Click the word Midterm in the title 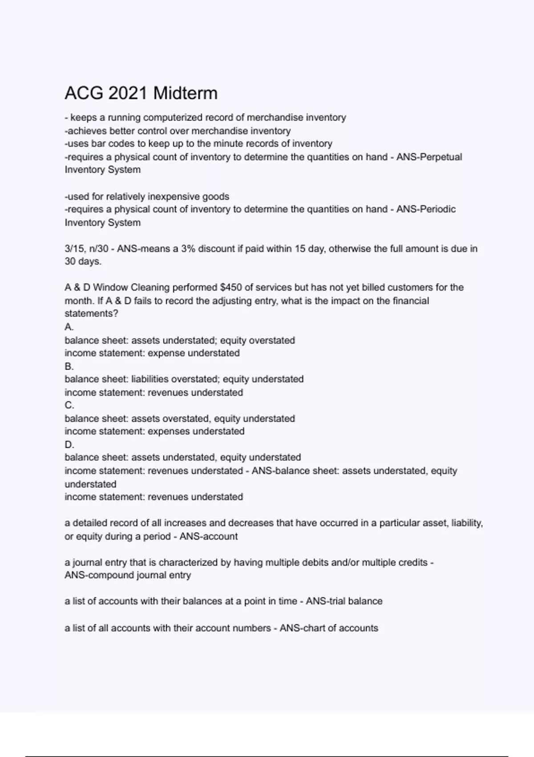[x=185, y=93]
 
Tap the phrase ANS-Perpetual [x=429, y=157]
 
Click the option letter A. [x=69, y=327]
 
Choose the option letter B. [x=69, y=366]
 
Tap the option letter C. [x=69, y=405]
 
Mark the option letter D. [x=69, y=444]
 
